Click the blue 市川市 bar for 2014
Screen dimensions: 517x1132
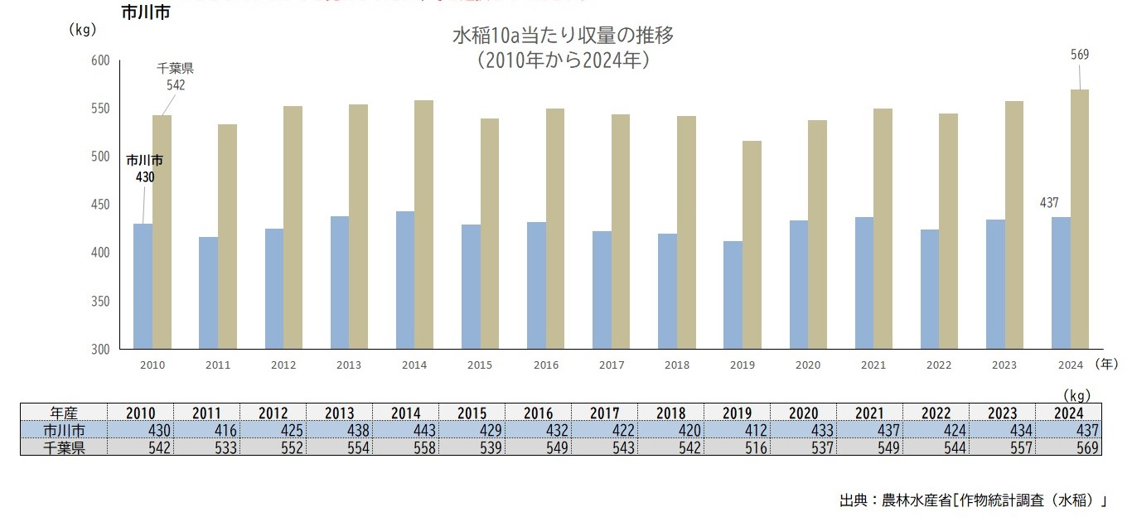405,280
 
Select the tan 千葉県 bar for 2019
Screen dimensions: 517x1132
752,245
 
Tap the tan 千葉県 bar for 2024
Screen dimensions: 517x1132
1079,220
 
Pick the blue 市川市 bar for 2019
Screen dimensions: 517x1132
733,295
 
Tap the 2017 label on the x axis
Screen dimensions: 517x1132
612,365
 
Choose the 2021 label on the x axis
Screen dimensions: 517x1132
873,365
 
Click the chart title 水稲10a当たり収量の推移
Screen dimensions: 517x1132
563,36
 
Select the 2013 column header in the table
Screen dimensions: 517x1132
339,413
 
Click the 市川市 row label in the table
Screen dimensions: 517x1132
64,430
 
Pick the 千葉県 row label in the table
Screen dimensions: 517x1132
64,447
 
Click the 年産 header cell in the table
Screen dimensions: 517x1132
64,413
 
